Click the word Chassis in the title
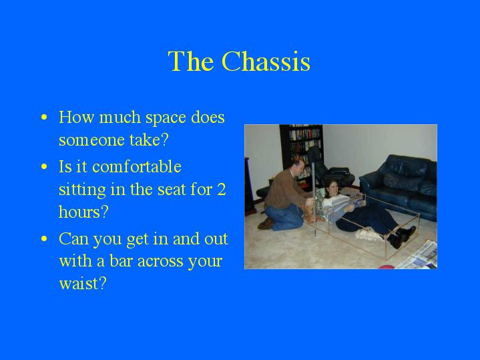tap(266, 61)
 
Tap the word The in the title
tap(191, 61)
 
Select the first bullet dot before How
tap(44, 117)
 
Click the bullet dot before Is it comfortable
tap(44, 167)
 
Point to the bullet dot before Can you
tap(44, 238)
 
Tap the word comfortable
tap(137, 167)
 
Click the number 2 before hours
tap(221, 189)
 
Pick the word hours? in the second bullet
tap(83, 212)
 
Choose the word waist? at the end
tap(83, 283)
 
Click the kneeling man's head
tap(298, 165)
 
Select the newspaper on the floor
tap(418, 256)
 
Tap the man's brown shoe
tap(265, 224)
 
